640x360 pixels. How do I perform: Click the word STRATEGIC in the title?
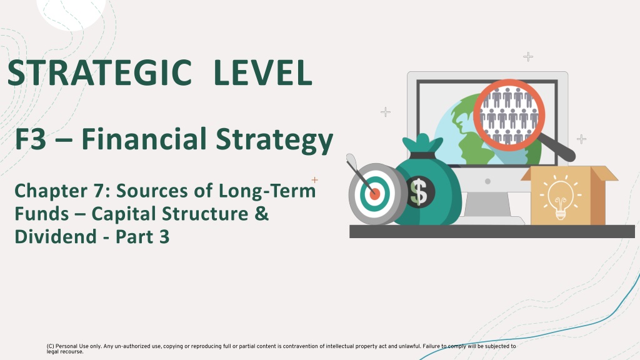coord(99,72)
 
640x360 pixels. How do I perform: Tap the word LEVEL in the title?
coord(263,72)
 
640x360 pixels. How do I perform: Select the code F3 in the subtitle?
coord(31,139)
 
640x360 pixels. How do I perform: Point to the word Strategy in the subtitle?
coord(274,141)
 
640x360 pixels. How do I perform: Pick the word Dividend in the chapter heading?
coord(56,237)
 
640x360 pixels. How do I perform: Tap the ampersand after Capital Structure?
coord(262,214)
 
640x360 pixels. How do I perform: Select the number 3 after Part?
coord(164,237)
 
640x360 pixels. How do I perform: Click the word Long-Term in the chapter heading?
coord(267,191)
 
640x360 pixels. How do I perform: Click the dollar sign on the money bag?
coord(419,192)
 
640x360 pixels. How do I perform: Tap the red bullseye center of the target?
coord(375,194)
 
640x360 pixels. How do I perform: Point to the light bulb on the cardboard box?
coord(561,199)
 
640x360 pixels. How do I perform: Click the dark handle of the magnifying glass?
coord(556,147)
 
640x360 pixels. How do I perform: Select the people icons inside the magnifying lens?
coord(509,115)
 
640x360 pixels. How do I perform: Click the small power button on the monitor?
coord(487,181)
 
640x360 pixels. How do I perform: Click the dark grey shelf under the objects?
coord(492,231)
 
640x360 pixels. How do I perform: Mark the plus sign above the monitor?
coord(528,56)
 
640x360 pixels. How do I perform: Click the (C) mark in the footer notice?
coord(50,346)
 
